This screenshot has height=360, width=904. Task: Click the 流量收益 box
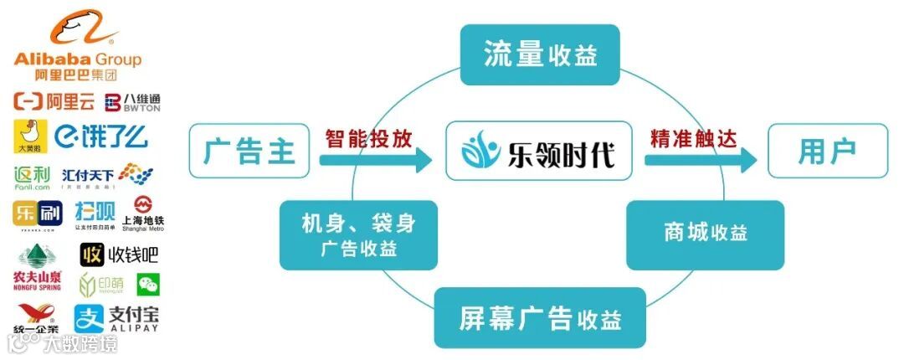point(540,54)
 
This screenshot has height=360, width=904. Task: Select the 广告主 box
point(249,151)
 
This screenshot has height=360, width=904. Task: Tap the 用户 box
point(827,151)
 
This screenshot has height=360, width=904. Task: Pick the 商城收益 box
point(706,234)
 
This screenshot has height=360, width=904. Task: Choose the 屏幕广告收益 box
point(540,317)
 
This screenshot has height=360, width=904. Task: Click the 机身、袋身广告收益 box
point(358,235)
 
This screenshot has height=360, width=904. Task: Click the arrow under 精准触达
point(701,159)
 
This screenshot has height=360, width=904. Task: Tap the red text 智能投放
point(368,137)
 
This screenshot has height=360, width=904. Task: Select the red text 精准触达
point(693,137)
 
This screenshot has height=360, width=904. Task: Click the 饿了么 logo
point(101,135)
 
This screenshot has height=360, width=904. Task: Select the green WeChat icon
point(148,285)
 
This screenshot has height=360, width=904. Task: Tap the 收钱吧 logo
point(119,254)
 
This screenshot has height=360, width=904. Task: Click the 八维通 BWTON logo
point(132,103)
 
